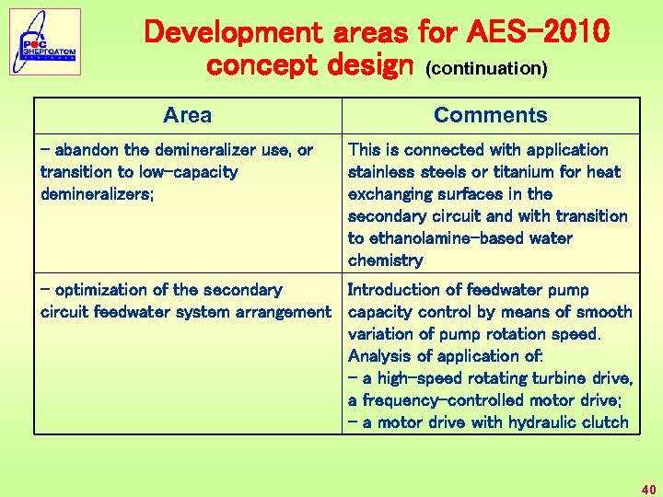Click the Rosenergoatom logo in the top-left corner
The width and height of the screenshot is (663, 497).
point(45,42)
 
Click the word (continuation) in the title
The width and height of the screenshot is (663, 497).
point(485,69)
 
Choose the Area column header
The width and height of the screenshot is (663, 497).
point(187,115)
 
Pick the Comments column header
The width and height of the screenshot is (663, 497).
point(490,115)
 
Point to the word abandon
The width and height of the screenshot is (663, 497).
point(86,150)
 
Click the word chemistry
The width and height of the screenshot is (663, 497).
point(385,260)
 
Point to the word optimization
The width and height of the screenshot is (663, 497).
point(102,290)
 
